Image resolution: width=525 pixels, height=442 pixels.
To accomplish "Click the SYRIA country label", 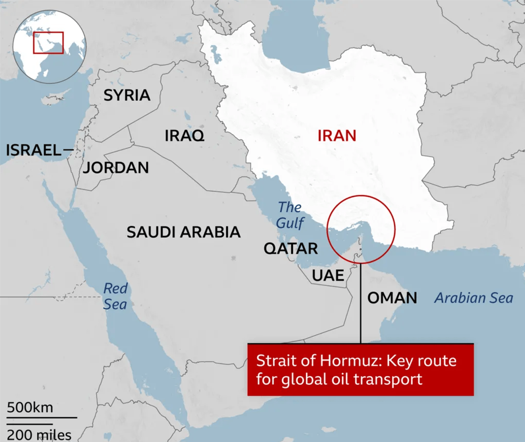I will (127, 95).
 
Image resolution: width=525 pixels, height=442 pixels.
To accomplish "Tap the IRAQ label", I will (185, 136).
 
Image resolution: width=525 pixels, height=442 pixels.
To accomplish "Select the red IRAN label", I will (337, 136).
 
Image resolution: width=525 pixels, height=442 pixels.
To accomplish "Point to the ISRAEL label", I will (34, 150).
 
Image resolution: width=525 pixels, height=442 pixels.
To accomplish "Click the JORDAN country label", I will (116, 167).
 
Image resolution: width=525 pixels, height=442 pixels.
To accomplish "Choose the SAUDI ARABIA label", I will (183, 232).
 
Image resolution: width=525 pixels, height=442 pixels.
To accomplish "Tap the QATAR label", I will (291, 249).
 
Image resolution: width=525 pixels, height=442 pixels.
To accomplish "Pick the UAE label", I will (328, 275).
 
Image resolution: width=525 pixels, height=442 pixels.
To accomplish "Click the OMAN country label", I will (392, 298).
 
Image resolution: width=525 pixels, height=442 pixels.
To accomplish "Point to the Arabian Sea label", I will (474, 298).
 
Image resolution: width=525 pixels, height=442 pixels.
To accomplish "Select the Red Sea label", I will (115, 296).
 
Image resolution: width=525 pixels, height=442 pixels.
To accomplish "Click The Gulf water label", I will (290, 215).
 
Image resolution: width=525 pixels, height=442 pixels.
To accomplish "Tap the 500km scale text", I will (30, 407).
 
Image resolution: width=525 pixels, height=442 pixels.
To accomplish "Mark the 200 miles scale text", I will (39, 435).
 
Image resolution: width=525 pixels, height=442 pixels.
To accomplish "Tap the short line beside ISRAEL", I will (69, 150).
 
